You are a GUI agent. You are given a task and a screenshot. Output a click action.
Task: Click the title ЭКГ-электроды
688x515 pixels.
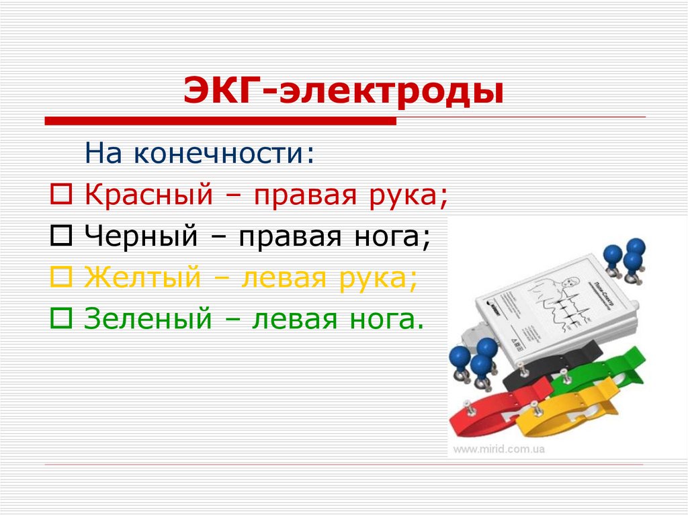pos(344,93)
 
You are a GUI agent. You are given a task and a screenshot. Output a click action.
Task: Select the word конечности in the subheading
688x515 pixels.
pos(222,154)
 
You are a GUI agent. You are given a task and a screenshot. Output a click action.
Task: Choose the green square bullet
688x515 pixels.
pos(58,316)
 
